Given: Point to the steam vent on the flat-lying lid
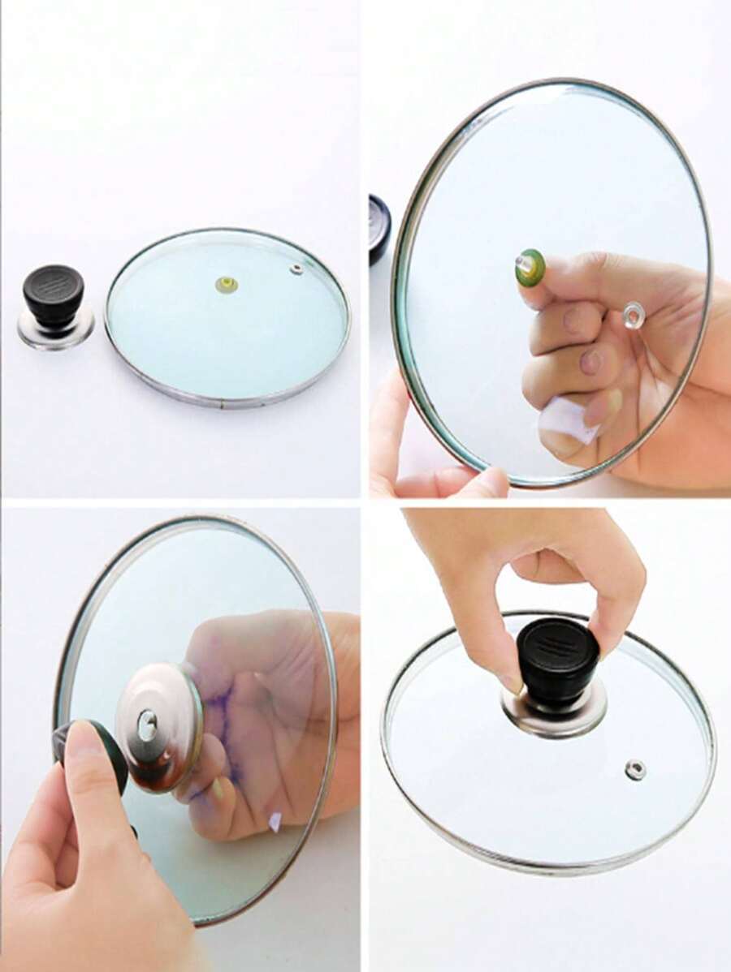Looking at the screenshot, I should (296, 268).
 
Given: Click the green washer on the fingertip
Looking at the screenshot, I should (530, 267).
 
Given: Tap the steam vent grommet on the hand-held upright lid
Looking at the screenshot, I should (633, 316).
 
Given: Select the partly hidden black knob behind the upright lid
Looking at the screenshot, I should (378, 229).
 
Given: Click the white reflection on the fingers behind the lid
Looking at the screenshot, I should (569, 419).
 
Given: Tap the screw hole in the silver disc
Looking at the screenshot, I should (147, 725).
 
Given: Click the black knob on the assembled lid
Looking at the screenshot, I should (558, 660).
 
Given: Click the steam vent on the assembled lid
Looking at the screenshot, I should (635, 769).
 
